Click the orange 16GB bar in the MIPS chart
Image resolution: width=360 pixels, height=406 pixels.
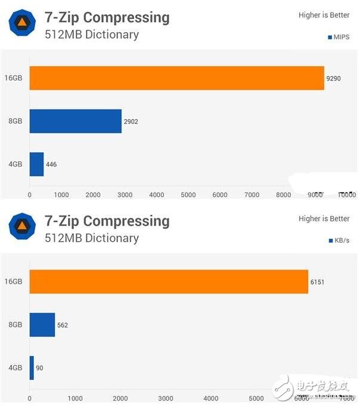pos(176,78)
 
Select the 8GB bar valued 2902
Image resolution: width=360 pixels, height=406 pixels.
pos(75,121)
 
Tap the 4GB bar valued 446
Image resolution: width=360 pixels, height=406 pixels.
pos(36,164)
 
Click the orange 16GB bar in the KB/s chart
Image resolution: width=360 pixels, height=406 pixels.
pos(169,282)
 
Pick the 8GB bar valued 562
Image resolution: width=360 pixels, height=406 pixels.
pos(42,325)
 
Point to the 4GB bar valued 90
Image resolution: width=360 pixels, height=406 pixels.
pos(32,368)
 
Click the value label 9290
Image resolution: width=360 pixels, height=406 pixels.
pos(333,79)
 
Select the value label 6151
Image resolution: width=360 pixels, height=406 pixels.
pos(317,282)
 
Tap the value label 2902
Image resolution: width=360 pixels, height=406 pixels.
pos(131,121)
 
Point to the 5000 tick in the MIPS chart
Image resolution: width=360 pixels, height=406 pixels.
pos(188,195)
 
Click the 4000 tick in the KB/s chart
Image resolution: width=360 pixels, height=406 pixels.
pos(211,398)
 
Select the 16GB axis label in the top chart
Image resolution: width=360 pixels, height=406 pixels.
pos(13,78)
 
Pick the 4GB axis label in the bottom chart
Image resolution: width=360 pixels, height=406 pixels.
pos(15,368)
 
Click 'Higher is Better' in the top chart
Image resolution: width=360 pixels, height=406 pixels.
pos(324,15)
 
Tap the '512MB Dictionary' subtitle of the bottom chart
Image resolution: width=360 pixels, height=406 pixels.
pos(92,238)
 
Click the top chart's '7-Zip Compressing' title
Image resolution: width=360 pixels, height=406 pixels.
pos(107,17)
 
